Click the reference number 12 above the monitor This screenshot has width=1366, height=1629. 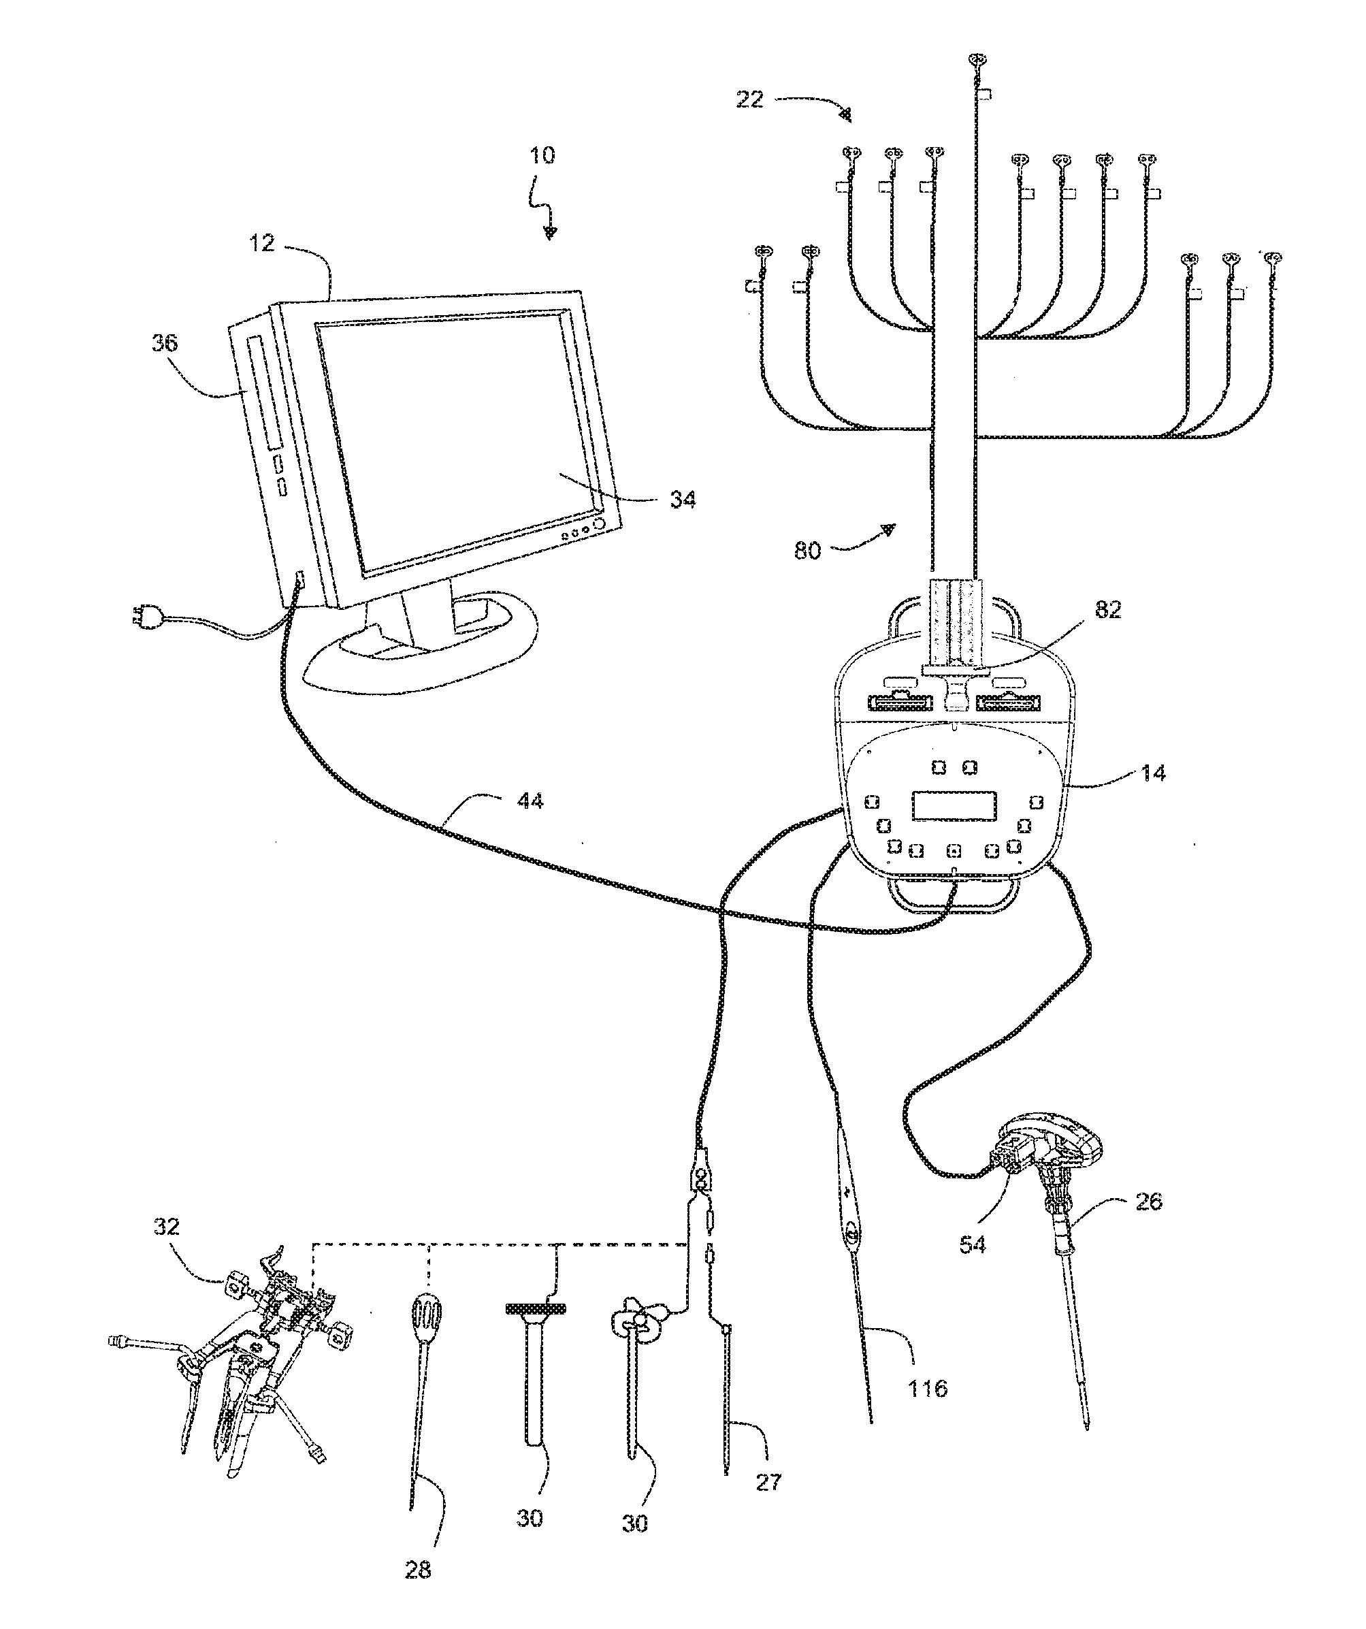[262, 244]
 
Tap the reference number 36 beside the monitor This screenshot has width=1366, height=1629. [165, 342]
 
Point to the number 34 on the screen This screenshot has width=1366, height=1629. [683, 500]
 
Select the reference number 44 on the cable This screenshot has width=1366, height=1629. [531, 801]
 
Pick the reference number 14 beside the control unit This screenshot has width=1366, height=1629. [1153, 773]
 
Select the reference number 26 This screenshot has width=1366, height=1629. [1148, 1201]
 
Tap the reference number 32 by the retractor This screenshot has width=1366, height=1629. [167, 1227]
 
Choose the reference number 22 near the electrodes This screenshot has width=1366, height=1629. [750, 99]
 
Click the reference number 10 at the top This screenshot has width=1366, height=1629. [542, 155]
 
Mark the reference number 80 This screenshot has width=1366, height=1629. [807, 551]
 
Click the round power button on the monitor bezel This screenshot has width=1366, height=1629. [599, 523]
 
